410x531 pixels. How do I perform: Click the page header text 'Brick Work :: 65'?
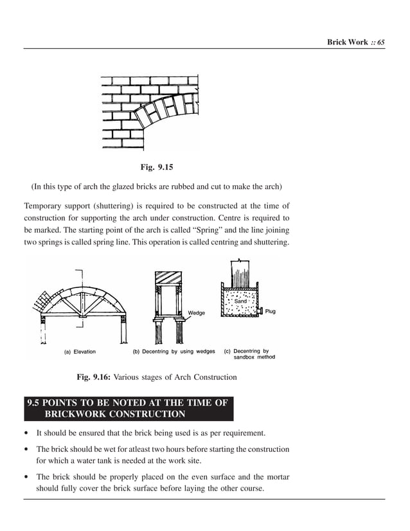pyautogui.click(x=355, y=42)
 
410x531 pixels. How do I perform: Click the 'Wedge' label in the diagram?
pyautogui.click(x=196, y=313)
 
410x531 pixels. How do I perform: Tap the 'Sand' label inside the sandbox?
pyautogui.click(x=240, y=301)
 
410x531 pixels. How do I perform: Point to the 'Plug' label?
pyautogui.click(x=270, y=312)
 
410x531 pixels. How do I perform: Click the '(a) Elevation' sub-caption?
pyautogui.click(x=80, y=352)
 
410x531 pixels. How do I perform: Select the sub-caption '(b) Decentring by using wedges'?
pyautogui.click(x=174, y=352)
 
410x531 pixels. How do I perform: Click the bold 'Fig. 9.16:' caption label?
pyautogui.click(x=94, y=377)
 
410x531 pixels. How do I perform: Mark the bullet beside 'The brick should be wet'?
pyautogui.click(x=26, y=449)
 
